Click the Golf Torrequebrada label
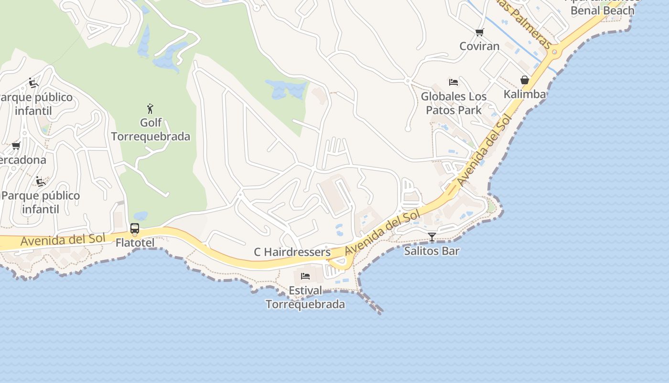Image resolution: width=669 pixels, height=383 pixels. click(x=151, y=130)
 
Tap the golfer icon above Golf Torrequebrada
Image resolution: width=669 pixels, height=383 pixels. click(x=151, y=109)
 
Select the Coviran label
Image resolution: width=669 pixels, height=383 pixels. click(x=479, y=46)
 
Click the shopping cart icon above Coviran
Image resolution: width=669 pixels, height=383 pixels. click(x=479, y=33)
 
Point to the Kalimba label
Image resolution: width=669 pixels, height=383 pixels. click(x=525, y=94)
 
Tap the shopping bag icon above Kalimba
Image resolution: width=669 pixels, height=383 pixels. click(x=525, y=80)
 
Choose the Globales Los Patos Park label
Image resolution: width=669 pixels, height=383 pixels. click(x=453, y=103)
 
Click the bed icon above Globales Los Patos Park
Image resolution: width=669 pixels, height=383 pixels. click(x=453, y=82)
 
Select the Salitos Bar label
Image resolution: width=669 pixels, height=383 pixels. click(x=432, y=250)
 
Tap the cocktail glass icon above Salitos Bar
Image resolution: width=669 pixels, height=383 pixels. click(x=432, y=237)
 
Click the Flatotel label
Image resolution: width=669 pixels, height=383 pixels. click(x=135, y=243)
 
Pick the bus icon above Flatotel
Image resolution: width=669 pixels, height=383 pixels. click(x=135, y=228)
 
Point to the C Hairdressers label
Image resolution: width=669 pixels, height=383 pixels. click(x=292, y=252)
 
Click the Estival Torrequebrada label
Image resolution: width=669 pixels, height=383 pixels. click(x=305, y=297)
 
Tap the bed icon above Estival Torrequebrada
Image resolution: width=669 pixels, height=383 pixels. click(x=305, y=276)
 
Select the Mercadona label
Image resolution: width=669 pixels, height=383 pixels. click(x=22, y=160)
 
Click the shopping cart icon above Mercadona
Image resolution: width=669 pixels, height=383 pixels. click(x=16, y=146)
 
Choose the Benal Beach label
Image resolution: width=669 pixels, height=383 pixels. click(x=602, y=10)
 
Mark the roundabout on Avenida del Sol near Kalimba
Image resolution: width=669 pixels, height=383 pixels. click(x=553, y=52)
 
